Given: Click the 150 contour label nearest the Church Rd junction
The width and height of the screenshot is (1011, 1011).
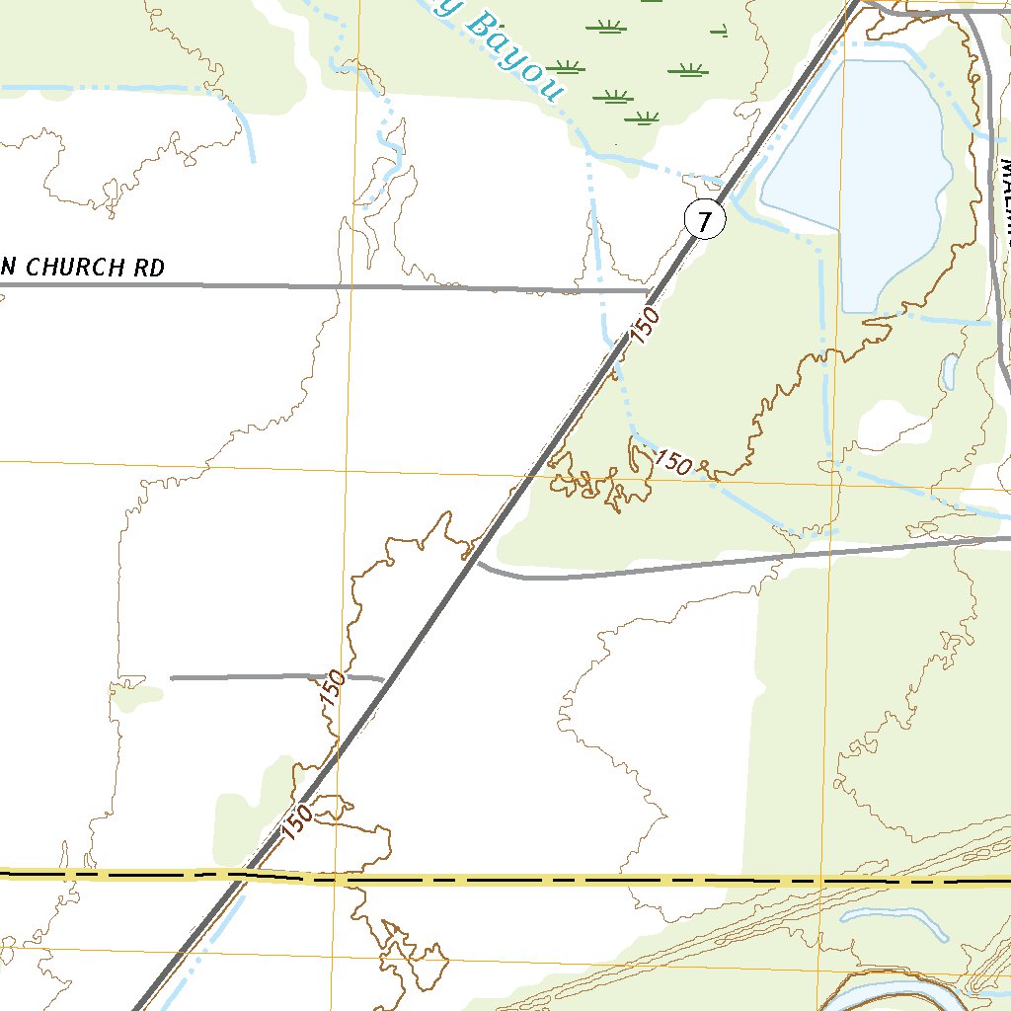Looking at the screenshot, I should pos(644,327).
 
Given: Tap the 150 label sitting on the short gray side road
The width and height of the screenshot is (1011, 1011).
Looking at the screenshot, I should pos(333,688).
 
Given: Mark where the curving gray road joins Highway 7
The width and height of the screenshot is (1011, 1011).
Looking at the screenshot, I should pos(479,564).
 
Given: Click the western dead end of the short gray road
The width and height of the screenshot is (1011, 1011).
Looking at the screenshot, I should pos(172,678).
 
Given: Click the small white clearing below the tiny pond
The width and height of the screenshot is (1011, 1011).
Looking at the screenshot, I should pos(894,425).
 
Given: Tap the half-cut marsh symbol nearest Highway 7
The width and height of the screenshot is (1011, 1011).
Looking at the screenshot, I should pos(718,33).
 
